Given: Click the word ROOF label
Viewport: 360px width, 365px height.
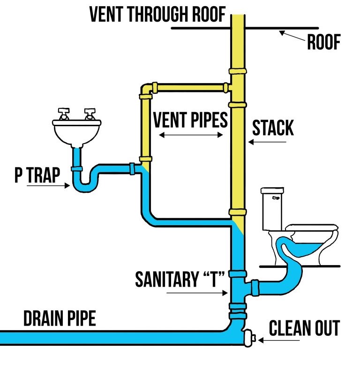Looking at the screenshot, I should (323, 43).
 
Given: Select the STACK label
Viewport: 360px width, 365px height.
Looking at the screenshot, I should (273, 128).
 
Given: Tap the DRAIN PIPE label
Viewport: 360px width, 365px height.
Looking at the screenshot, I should (60, 319).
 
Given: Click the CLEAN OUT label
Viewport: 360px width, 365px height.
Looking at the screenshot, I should (304, 328).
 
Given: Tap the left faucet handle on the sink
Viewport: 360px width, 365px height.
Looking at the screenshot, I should (63, 113).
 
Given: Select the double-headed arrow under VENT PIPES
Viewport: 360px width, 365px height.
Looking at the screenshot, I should (190, 135).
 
